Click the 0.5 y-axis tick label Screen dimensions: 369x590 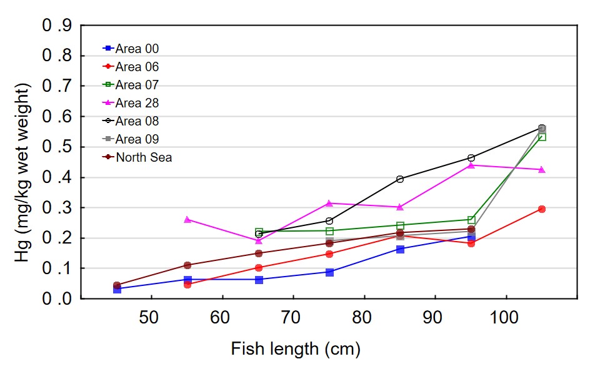coord(57,147)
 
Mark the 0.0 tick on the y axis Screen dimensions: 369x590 coord(57,299)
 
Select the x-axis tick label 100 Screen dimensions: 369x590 coord(505,318)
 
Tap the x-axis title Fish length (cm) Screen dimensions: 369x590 coord(296,348)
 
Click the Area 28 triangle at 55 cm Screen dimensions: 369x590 coord(187,220)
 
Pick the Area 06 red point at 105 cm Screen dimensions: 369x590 coord(542,209)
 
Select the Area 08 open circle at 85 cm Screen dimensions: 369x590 coord(400,179)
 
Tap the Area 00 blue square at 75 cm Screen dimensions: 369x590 coord(329,272)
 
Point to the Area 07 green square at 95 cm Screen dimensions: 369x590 coord(471,220)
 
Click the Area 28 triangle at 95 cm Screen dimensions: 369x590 coord(471,165)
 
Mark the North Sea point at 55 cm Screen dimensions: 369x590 coord(187,265)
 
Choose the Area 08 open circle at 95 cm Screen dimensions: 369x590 coord(471,158)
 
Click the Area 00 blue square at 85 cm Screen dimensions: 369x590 coord(400,249)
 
